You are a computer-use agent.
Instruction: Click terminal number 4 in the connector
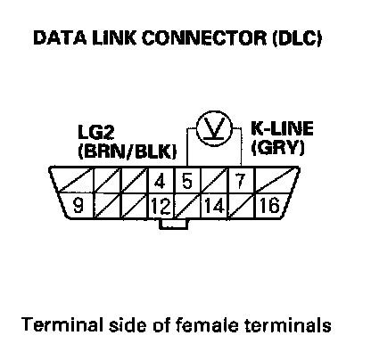point(161,181)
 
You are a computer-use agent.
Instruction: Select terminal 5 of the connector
point(187,181)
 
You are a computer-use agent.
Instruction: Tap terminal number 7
point(240,181)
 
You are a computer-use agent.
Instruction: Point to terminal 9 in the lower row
point(78,206)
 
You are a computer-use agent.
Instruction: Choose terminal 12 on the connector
point(161,206)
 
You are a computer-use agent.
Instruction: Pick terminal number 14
point(214,206)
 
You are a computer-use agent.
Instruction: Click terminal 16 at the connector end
point(270,206)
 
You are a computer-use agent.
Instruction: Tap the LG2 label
point(96,132)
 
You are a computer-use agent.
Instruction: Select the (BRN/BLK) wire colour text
point(128,151)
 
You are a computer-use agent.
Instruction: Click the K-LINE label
point(282,128)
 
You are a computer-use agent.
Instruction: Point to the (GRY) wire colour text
point(278,147)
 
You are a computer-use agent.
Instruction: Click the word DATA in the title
point(60,38)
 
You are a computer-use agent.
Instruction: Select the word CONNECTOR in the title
point(204,38)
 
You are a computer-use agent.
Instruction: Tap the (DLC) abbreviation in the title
point(297,38)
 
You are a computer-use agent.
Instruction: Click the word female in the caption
point(207,324)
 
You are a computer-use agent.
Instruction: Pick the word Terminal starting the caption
point(62,324)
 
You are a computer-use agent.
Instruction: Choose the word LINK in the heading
point(114,38)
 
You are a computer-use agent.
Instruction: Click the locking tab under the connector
point(174,225)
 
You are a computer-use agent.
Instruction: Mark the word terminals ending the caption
point(287,325)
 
